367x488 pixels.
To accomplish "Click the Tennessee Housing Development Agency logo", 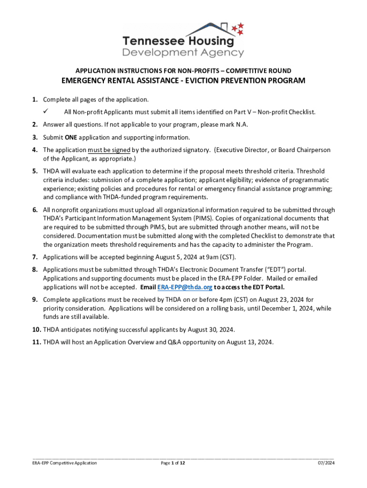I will [x=183, y=40].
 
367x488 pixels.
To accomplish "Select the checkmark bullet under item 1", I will [x=46, y=112].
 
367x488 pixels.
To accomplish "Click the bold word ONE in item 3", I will [x=71, y=137].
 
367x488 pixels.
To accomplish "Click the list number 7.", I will [x=35, y=257].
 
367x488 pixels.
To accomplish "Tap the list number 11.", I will [x=36, y=342].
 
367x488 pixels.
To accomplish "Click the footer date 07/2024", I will [x=326, y=463].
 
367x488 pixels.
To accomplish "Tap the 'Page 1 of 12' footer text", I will [x=173, y=463].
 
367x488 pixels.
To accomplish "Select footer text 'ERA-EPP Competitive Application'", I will [x=64, y=463].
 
